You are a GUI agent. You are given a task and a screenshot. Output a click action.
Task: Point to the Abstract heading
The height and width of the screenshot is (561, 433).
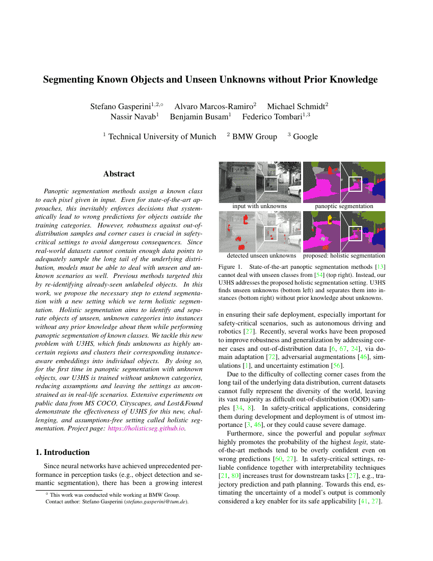(119, 174)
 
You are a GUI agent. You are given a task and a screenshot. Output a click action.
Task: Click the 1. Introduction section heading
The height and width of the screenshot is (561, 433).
(66, 452)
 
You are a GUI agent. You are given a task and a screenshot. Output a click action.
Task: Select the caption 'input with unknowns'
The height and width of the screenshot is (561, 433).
(259, 207)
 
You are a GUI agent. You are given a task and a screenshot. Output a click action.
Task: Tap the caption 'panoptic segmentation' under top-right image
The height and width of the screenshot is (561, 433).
(344, 207)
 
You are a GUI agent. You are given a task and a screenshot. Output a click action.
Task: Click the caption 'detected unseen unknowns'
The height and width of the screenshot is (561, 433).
(261, 256)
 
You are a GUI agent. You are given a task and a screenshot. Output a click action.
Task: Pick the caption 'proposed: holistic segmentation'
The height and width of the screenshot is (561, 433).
(344, 256)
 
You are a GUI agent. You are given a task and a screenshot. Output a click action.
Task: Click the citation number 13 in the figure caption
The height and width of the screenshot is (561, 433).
(380, 267)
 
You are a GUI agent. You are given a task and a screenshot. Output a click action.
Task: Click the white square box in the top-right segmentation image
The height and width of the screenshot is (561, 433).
(355, 184)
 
